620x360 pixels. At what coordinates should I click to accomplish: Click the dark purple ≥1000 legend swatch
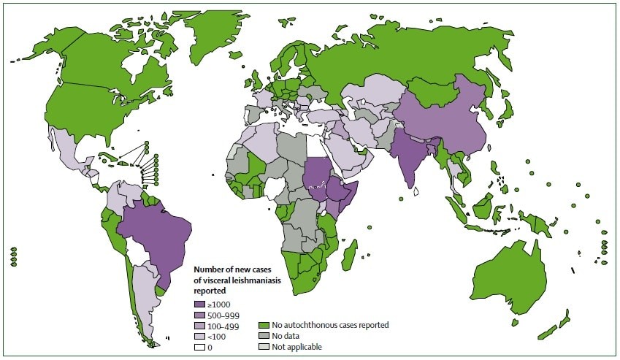tap(199, 303)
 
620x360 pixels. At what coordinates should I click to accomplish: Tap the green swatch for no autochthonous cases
tap(264, 325)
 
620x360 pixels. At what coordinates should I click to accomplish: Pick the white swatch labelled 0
tap(199, 347)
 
